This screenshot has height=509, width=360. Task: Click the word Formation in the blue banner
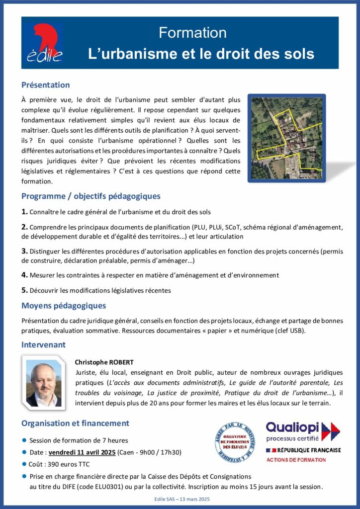pyautogui.click(x=192, y=33)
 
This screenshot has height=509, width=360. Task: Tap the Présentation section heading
pyautogui.click(x=46, y=85)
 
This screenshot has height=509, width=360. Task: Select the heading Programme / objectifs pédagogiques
pyautogui.click(x=90, y=196)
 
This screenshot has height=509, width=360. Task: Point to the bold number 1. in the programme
pyautogui.click(x=24, y=212)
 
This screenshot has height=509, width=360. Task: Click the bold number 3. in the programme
pyautogui.click(x=24, y=251)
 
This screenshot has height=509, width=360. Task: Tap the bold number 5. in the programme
pyautogui.click(x=24, y=290)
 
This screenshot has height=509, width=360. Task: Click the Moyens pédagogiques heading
pyautogui.click(x=64, y=306)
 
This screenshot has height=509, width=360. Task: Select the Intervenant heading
pyautogui.click(x=43, y=344)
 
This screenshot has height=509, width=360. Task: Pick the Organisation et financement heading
pyautogui.click(x=75, y=424)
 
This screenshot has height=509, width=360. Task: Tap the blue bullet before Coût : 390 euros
pyautogui.click(x=24, y=464)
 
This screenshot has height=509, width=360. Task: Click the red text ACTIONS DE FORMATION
pyautogui.click(x=296, y=460)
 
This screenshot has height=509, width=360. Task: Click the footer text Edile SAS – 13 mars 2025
pyautogui.click(x=180, y=499)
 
